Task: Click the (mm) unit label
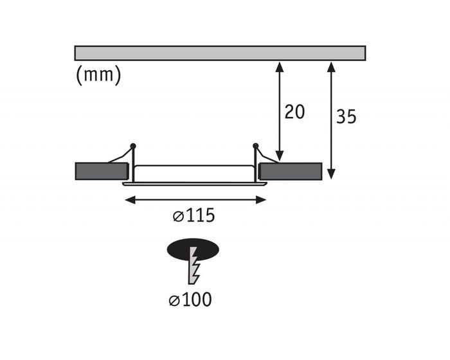(99, 75)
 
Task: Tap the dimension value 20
(294, 112)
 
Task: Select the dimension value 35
(346, 116)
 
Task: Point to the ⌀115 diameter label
(194, 215)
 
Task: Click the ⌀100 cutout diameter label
(190, 300)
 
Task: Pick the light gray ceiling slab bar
(220, 53)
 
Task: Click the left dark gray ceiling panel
(102, 171)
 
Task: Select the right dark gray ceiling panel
(290, 171)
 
